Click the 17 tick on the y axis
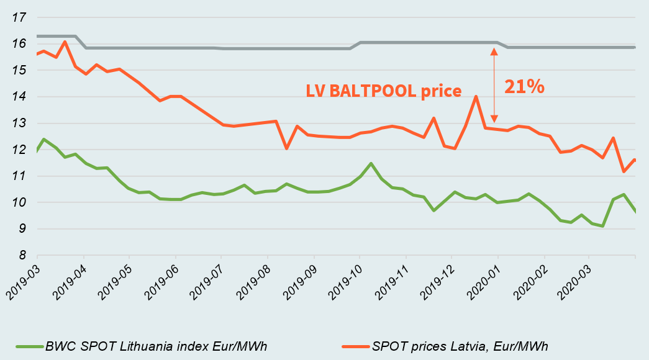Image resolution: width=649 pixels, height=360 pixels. pyautogui.click(x=19, y=17)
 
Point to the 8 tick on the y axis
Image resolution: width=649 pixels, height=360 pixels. pyautogui.click(x=22, y=255)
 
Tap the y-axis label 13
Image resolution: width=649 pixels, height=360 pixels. pyautogui.click(x=19, y=124)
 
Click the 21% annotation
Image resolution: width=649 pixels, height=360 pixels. pyautogui.click(x=524, y=86)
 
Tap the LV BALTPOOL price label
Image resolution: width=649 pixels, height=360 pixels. pyautogui.click(x=384, y=91)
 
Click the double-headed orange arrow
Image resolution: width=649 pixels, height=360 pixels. pyautogui.click(x=493, y=85)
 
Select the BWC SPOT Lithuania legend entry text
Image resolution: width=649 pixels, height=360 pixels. pyautogui.click(x=157, y=346)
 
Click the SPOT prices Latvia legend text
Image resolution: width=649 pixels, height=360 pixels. pyautogui.click(x=460, y=346)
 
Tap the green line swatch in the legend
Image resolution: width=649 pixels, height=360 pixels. pyautogui.click(x=30, y=346)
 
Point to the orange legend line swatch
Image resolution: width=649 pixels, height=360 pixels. pyautogui.click(x=356, y=346)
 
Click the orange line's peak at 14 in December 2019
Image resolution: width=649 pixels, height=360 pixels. pyautogui.click(x=476, y=97)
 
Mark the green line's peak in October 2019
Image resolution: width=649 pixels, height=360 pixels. pyautogui.click(x=371, y=163)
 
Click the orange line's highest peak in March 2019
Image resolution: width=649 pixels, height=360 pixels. pyautogui.click(x=65, y=42)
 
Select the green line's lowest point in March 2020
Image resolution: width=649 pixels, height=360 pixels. pyautogui.click(x=602, y=226)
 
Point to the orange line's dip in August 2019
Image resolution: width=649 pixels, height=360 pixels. pyautogui.click(x=286, y=148)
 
